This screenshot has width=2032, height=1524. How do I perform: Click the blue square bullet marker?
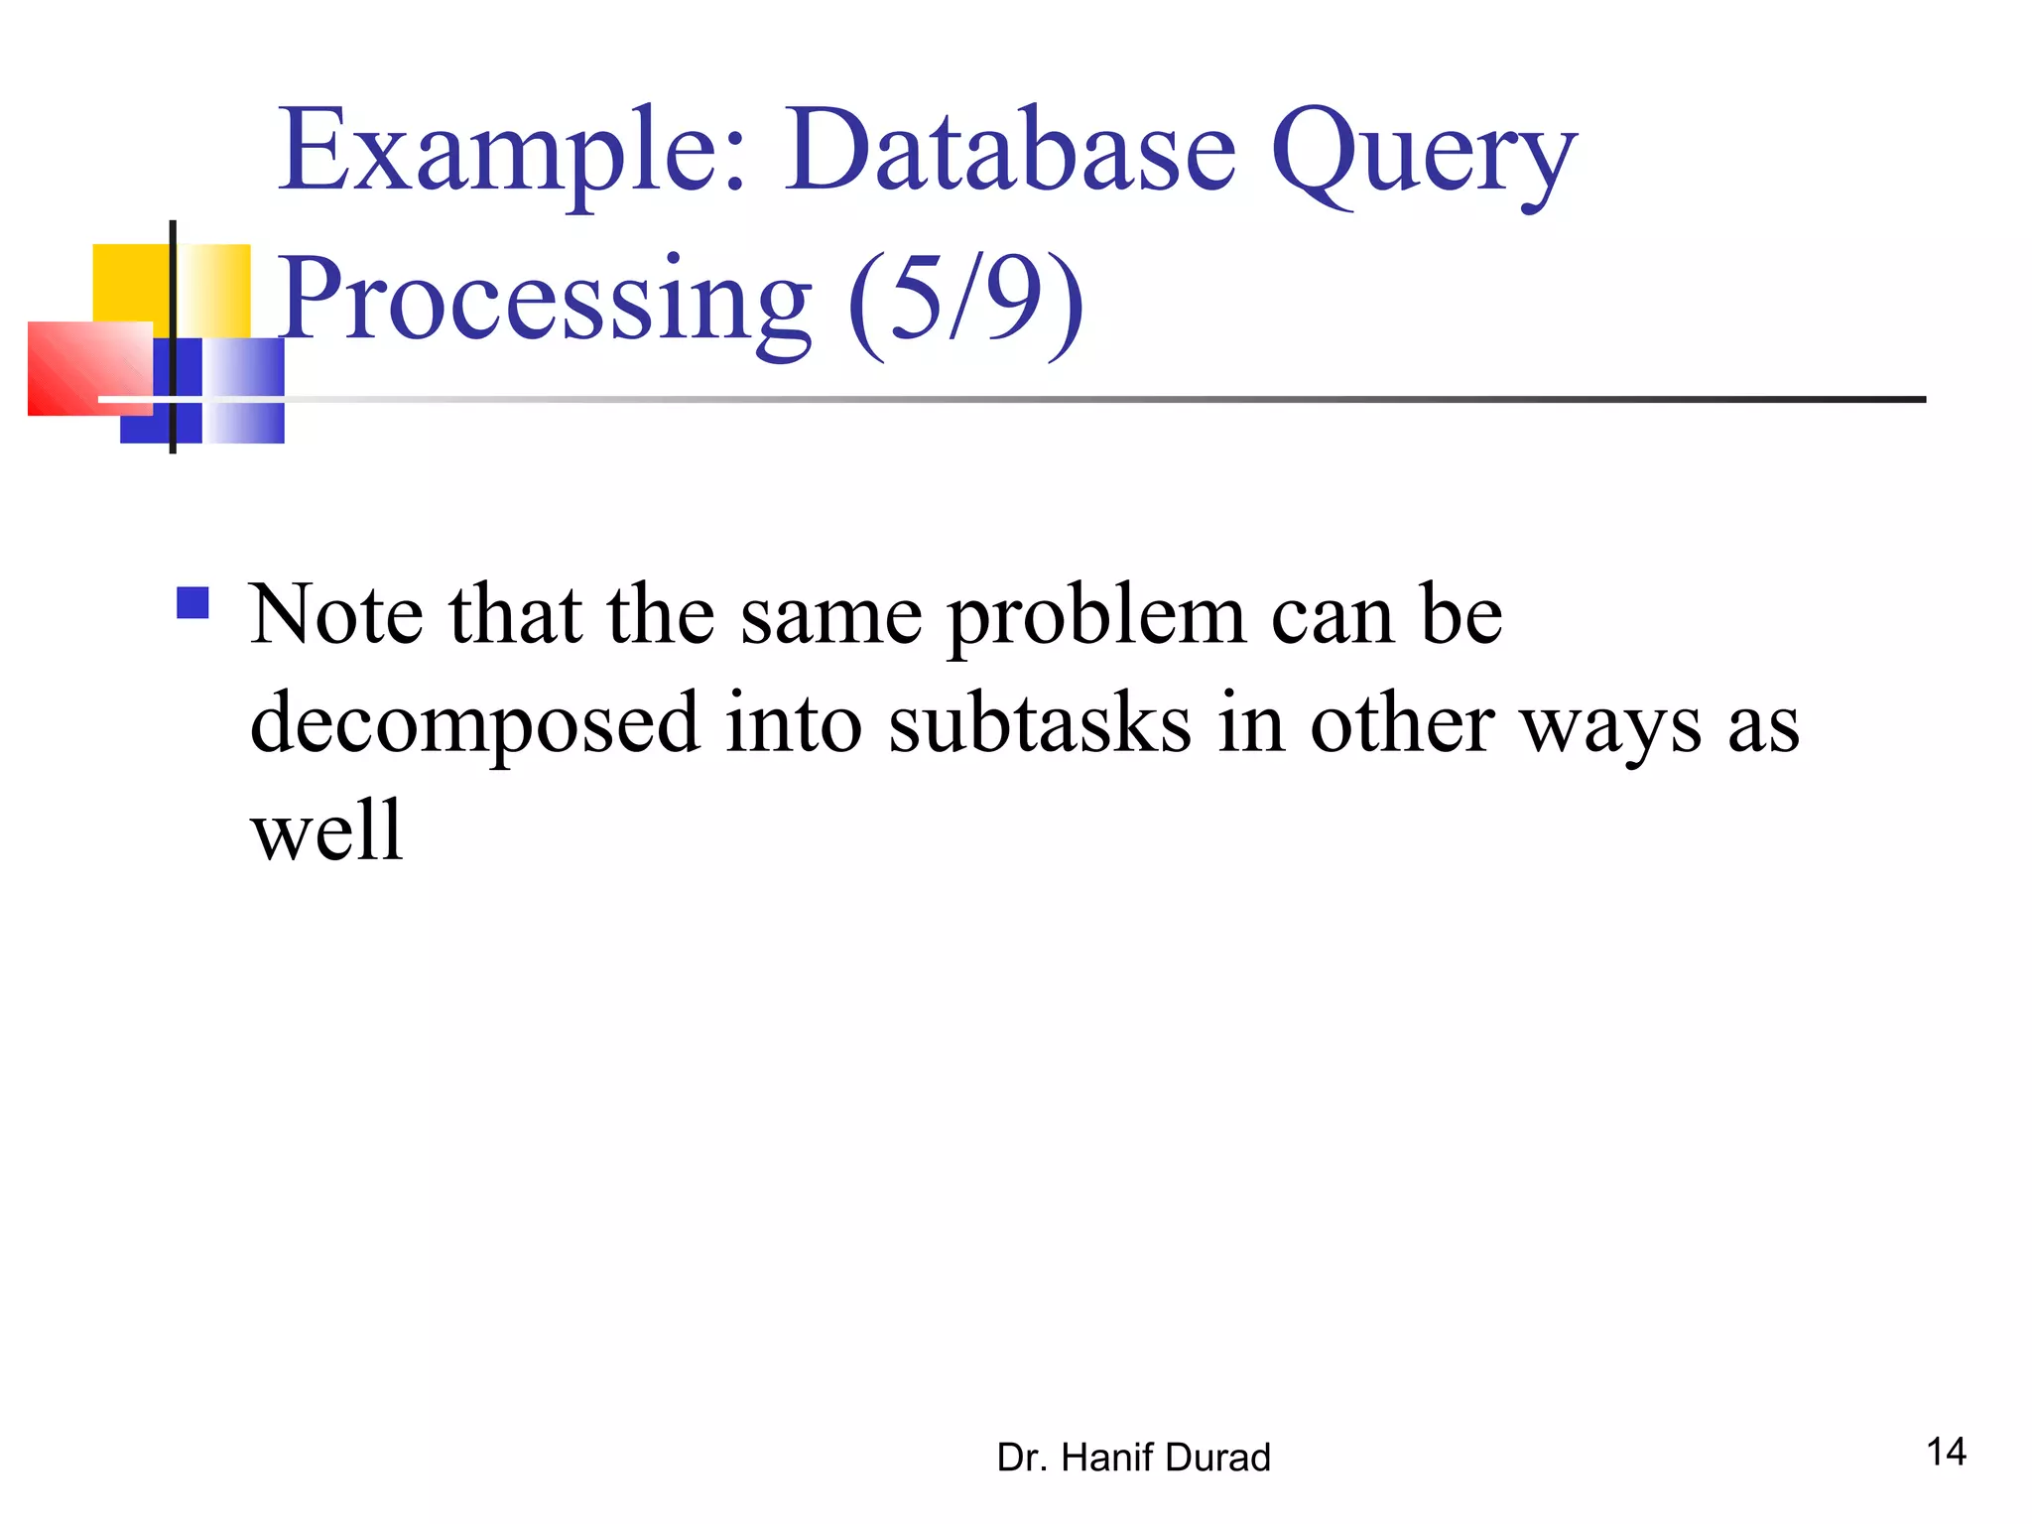point(192,603)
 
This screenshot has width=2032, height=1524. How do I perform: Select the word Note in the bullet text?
point(336,615)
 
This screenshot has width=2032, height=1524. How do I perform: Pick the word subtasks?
point(1039,724)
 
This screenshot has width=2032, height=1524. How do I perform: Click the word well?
point(326,830)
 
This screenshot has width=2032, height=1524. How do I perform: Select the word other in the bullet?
point(1401,724)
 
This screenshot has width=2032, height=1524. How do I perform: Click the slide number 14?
point(1946,1452)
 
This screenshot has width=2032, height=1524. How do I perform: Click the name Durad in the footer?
point(1218,1458)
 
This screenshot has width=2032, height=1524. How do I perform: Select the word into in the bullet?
point(793,724)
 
